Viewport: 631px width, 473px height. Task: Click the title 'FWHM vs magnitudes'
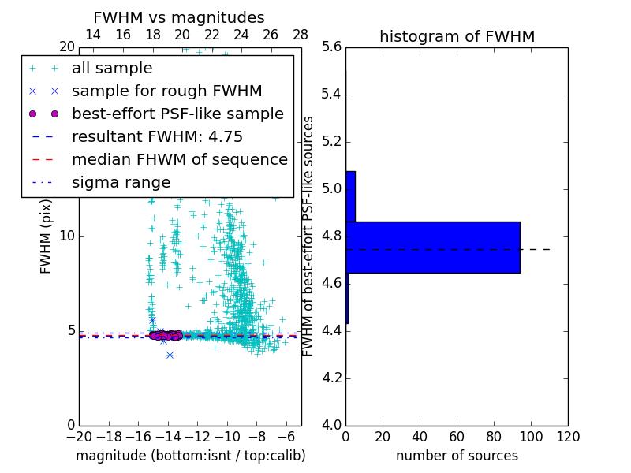[179, 18]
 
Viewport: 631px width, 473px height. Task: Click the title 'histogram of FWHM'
[457, 36]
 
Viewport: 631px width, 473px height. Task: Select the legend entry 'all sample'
[112, 69]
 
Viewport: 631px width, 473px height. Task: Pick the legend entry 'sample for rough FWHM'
[166, 91]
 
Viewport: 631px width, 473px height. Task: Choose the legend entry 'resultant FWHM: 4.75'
[157, 136]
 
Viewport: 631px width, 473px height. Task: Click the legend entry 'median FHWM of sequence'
[179, 159]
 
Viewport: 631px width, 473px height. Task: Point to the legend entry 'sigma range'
[121, 182]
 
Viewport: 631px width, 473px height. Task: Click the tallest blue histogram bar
[433, 247]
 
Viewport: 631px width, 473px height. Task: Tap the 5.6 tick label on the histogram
[332, 47]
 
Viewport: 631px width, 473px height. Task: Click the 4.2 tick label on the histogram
[332, 378]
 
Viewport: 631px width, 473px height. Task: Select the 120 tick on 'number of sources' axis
[568, 437]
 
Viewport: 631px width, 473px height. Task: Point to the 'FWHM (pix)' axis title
[47, 236]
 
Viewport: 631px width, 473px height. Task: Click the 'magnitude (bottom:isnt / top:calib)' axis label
[190, 456]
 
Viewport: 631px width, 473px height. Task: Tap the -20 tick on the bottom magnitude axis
[79, 437]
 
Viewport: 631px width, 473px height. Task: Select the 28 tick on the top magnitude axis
[301, 35]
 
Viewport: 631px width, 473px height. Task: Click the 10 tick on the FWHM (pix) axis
[66, 236]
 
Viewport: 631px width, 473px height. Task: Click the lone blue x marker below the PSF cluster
[170, 355]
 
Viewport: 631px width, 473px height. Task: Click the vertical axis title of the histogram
[308, 236]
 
